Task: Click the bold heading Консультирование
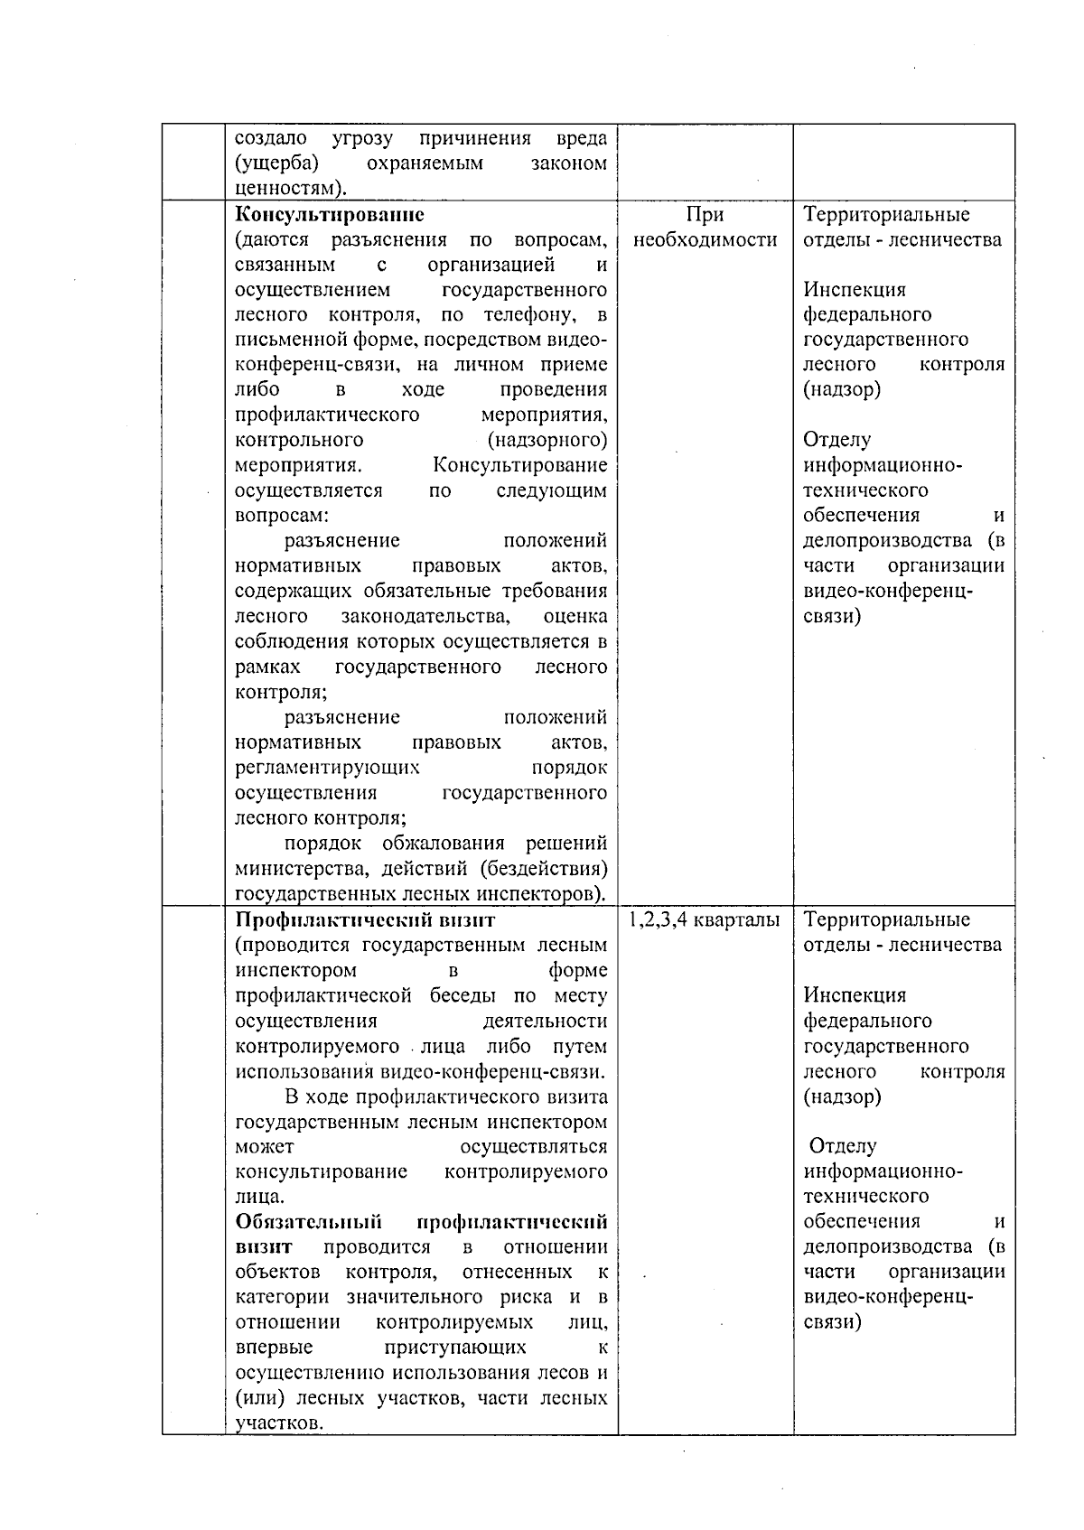[x=330, y=215]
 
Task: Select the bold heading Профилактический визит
[x=365, y=920]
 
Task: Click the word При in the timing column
[x=705, y=215]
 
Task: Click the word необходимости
[x=705, y=240]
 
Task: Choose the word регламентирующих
[x=327, y=768]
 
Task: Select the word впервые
[x=275, y=1348]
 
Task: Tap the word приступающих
[x=455, y=1348]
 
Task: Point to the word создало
[x=270, y=138]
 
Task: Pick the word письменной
[x=285, y=341]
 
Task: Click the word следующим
[x=551, y=491]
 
